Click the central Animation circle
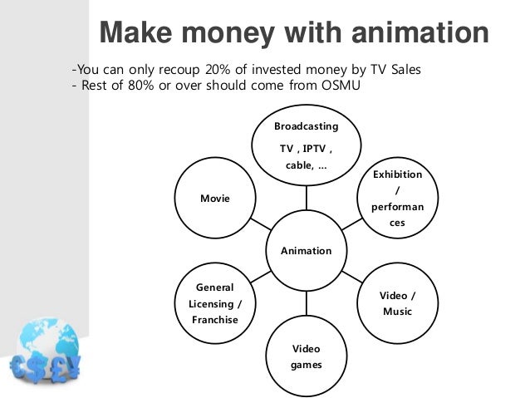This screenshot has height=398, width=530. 306,250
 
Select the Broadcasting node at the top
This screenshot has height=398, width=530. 306,145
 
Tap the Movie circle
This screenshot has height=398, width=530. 214,199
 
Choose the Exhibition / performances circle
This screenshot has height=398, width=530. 397,199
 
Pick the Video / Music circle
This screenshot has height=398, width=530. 397,303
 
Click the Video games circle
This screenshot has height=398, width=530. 306,356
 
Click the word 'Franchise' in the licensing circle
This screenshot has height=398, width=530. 213,319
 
